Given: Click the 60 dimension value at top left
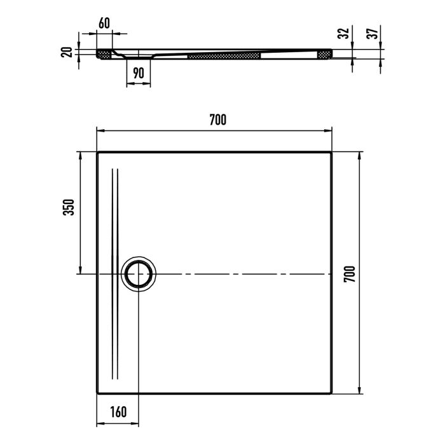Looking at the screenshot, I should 104,24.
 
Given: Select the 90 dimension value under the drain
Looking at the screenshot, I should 138,72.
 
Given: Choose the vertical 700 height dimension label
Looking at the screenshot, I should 348,274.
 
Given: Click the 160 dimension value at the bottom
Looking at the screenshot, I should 118,412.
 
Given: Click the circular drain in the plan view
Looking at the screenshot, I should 139,275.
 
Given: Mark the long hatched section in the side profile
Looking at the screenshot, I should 224,57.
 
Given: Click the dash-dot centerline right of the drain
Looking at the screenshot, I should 242,274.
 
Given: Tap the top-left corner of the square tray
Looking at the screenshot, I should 97,153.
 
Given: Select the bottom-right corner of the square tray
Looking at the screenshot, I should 331,395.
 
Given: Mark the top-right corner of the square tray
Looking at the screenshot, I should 331,153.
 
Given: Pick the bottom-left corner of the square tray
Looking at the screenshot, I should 97,395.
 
